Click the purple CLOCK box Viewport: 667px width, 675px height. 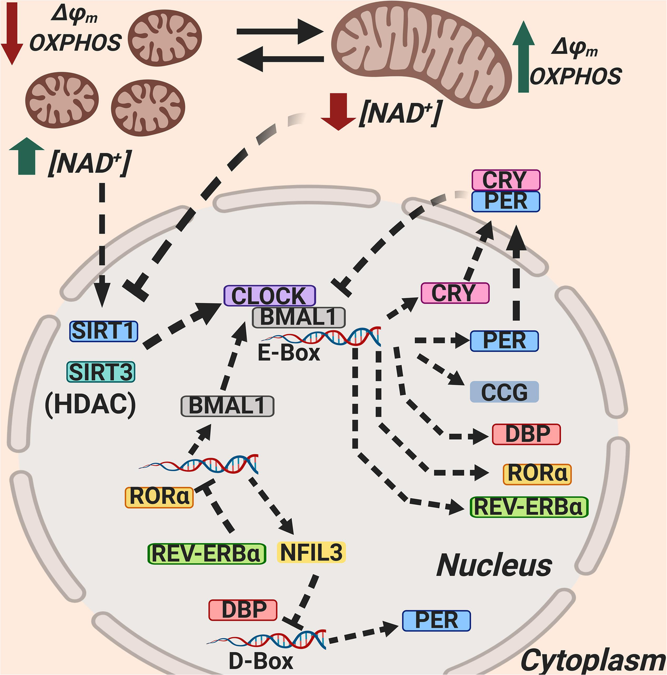[x=269, y=296]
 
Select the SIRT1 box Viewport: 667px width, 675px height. [x=103, y=331]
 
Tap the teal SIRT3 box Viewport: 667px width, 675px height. [x=101, y=372]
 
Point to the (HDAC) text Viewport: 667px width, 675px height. [x=90, y=405]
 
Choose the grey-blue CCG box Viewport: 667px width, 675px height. [x=504, y=392]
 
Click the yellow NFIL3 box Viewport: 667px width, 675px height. [x=311, y=553]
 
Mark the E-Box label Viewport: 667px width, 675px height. [x=289, y=353]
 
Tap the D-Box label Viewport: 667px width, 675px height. [x=261, y=661]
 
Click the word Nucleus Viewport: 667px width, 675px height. [x=494, y=565]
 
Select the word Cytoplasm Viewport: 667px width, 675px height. [x=593, y=661]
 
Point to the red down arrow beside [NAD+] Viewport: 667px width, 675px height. [x=339, y=112]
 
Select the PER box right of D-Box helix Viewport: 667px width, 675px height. [x=436, y=620]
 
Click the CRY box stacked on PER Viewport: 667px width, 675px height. [x=505, y=181]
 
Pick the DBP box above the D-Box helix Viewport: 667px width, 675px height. [x=243, y=610]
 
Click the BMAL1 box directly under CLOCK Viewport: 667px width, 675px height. [x=298, y=317]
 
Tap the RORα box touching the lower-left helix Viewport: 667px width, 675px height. [x=159, y=496]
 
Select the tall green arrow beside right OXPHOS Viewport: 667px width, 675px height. [x=522, y=57]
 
